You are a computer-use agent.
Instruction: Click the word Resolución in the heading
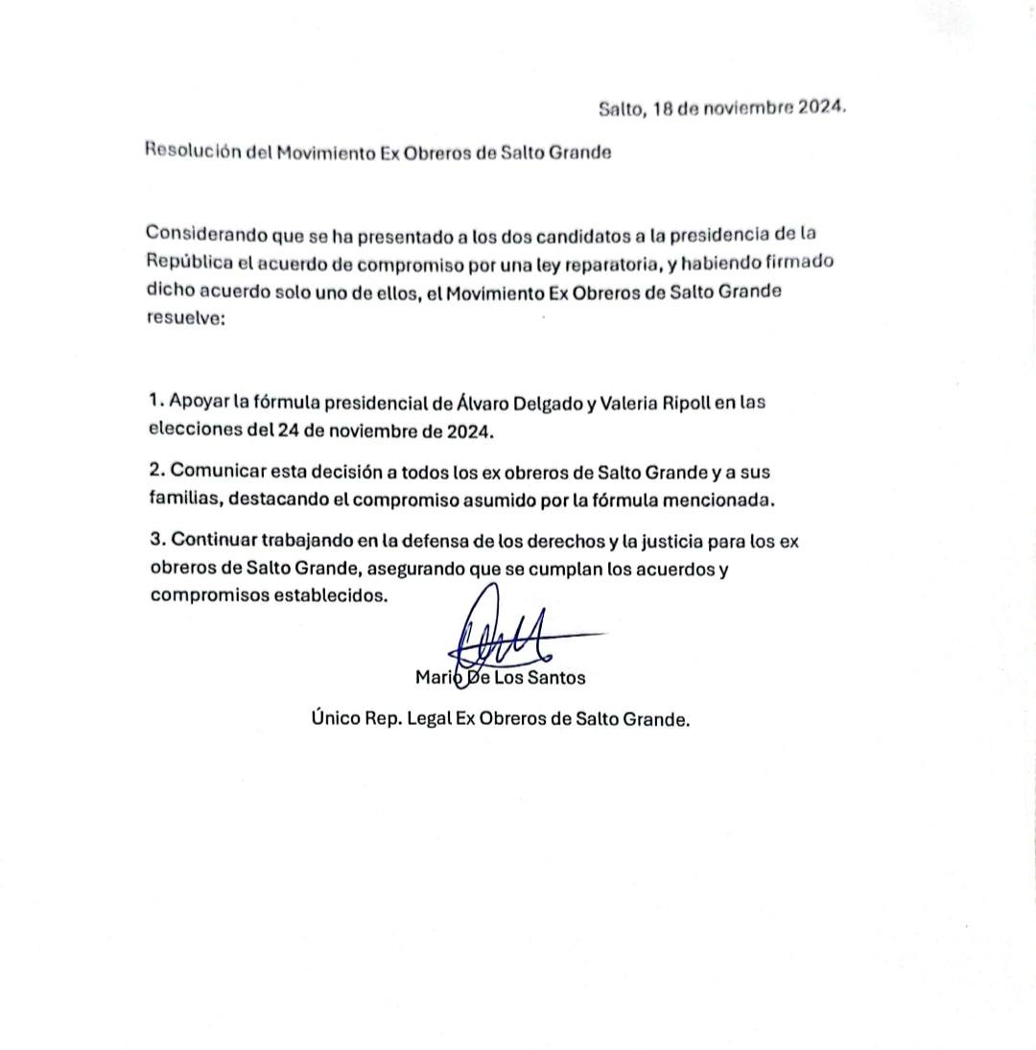click(x=191, y=152)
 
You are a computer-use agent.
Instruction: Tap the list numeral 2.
click(x=154, y=472)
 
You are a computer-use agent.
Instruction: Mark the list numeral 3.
click(x=154, y=542)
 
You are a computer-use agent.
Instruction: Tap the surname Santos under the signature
click(x=555, y=678)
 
